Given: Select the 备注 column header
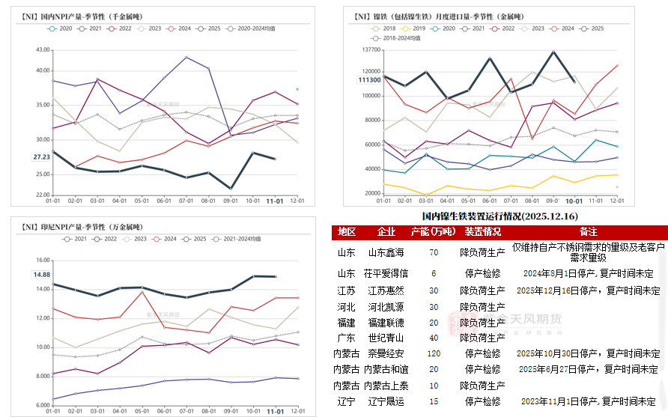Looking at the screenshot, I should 589,232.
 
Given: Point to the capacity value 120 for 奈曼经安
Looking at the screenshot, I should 434,353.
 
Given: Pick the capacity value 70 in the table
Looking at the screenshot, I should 434,252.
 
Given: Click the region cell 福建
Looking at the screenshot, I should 347,322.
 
